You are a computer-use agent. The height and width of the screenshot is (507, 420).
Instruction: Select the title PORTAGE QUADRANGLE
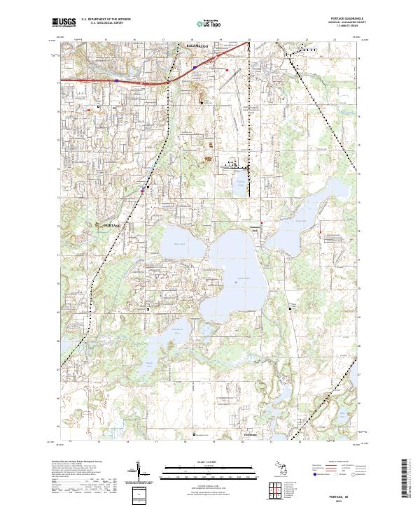coord(348,20)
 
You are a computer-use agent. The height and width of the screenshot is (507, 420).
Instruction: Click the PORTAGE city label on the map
coord(112,225)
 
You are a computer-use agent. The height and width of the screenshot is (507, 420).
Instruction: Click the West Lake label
coord(178,244)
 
